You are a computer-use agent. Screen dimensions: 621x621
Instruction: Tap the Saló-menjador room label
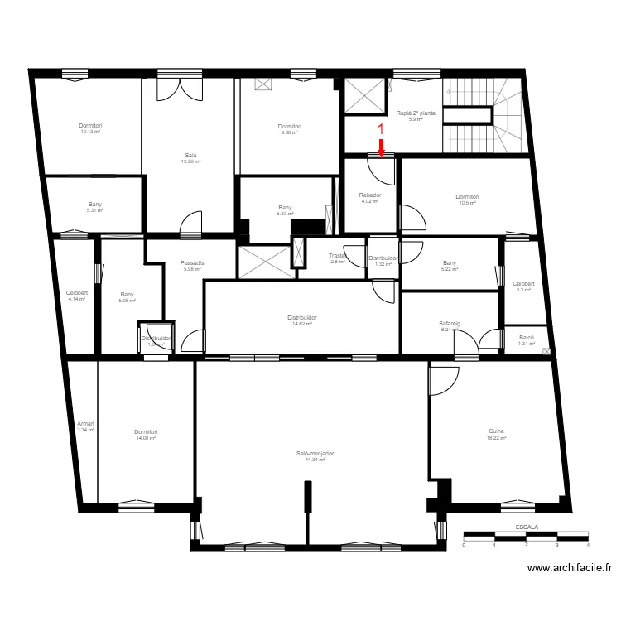(315, 454)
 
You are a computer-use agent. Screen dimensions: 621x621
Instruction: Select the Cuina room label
(496, 431)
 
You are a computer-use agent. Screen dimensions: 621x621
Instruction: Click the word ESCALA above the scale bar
(526, 527)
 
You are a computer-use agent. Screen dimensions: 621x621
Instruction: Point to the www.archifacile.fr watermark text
(570, 568)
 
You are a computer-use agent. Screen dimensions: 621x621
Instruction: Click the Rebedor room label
(369, 195)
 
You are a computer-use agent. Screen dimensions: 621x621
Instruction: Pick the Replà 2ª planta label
(416, 113)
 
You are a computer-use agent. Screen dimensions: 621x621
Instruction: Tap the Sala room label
(190, 155)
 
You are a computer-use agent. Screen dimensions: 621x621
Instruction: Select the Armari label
(85, 423)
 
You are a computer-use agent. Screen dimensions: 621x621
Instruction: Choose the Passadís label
(192, 262)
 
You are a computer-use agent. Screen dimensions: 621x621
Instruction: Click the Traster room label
(337, 256)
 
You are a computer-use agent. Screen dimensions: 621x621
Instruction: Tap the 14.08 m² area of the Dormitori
(146, 438)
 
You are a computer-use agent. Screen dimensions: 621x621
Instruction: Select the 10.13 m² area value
(90, 132)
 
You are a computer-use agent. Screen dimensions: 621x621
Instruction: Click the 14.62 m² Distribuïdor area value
(302, 324)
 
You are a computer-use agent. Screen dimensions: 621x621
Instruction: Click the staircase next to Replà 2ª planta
(484, 117)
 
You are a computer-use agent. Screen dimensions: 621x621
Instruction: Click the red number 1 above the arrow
(381, 129)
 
